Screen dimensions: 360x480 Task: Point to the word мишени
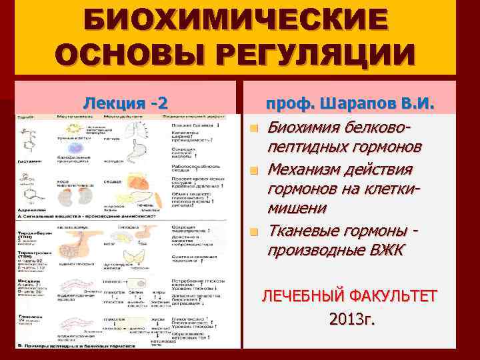[x=297, y=208]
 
